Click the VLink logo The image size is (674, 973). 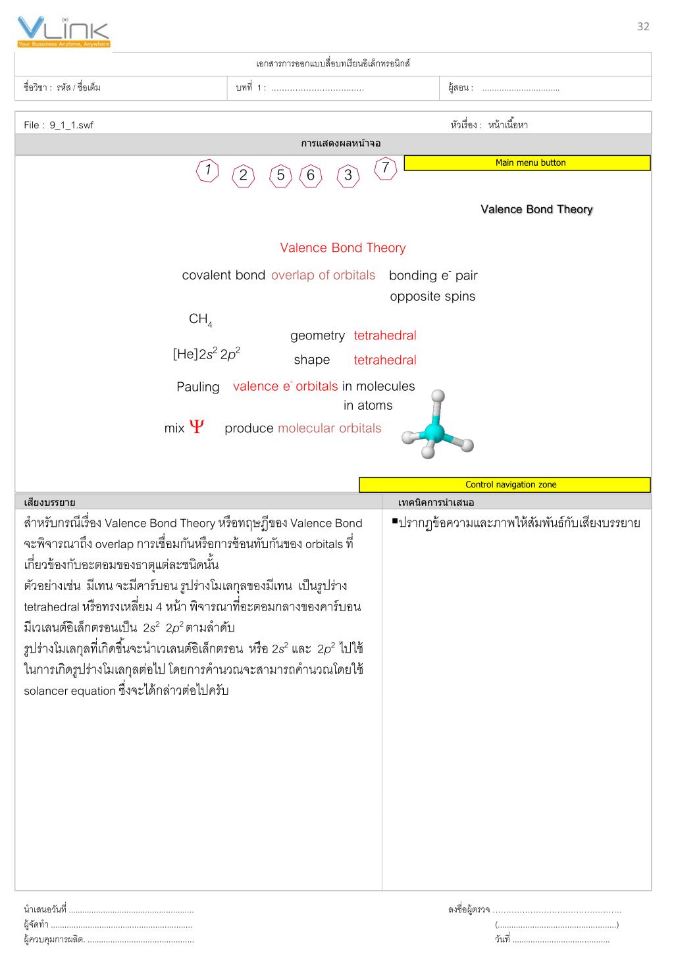coord(63,32)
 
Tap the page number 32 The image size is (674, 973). coord(643,26)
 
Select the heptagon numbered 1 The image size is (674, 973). coord(207,170)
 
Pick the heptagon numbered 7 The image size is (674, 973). coord(385,168)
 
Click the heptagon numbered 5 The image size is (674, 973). coord(280,176)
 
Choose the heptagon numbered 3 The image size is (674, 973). coord(348,176)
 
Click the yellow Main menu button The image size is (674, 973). coord(527,163)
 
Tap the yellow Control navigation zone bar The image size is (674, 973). coord(504,485)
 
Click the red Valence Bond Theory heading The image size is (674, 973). coord(342,248)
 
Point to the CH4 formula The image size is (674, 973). coord(199,320)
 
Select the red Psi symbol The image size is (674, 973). coord(196,428)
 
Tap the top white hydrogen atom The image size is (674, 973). coord(438,396)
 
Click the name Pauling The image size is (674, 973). coord(197,387)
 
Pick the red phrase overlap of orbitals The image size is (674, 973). coord(323,275)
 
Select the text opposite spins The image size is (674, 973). coord(432,296)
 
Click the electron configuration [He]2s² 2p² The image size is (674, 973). coord(206,355)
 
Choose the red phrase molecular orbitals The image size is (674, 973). coord(329,428)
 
